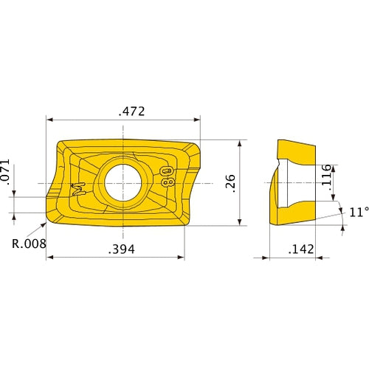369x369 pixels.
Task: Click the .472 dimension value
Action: (x=131, y=112)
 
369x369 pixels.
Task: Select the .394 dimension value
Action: (x=122, y=250)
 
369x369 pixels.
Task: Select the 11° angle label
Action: (x=358, y=213)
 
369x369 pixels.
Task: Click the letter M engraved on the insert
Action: (x=80, y=187)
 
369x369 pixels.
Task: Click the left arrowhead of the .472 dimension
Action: (x=50, y=119)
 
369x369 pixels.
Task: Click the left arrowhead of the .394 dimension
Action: (x=50, y=258)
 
